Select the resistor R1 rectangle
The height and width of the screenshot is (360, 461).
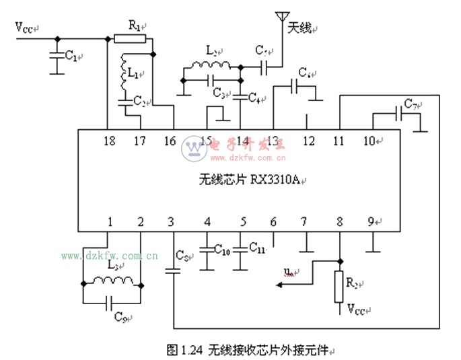pos(129,38)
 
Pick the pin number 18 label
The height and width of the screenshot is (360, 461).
pos(110,141)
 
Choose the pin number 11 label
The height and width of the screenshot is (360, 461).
pos(339,141)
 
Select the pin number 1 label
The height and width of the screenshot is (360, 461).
pos(109,221)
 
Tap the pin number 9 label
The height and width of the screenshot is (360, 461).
pos(371,221)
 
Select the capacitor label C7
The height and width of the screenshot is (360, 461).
pos(411,106)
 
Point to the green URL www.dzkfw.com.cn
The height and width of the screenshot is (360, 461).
pos(110,256)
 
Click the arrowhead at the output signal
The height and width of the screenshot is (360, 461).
pos(279,285)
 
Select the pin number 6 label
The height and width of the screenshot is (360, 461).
pos(273,221)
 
